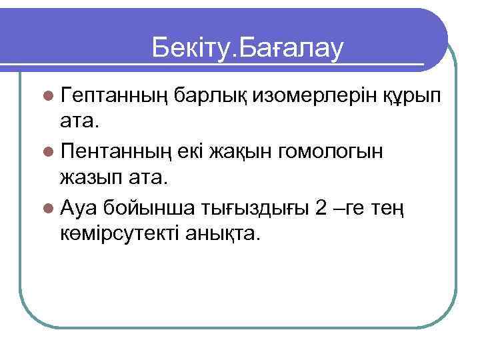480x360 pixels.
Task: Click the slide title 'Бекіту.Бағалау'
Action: [247, 47]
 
